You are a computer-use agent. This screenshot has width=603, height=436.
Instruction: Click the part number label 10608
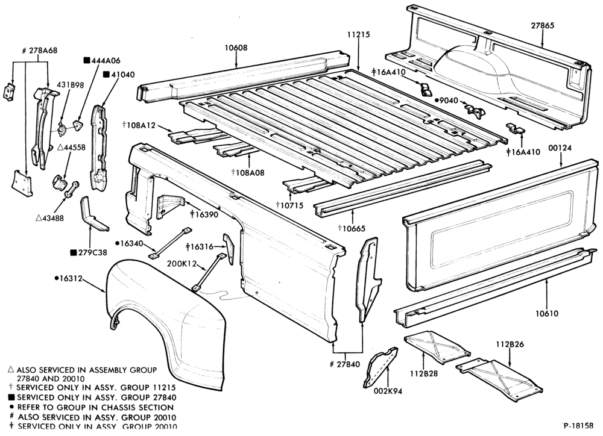click(x=236, y=48)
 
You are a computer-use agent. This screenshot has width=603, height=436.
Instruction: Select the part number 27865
click(x=543, y=26)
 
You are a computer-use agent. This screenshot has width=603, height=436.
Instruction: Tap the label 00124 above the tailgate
click(x=560, y=148)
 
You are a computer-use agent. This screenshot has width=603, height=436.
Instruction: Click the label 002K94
click(x=388, y=392)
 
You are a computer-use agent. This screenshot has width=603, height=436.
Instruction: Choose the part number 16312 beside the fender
click(x=71, y=278)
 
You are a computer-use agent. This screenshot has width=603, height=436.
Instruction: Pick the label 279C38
click(x=92, y=252)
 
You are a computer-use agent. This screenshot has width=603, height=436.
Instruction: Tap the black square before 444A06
click(x=87, y=60)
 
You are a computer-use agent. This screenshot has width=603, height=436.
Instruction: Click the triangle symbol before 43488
click(x=39, y=218)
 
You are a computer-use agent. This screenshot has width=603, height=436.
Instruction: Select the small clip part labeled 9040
click(x=475, y=110)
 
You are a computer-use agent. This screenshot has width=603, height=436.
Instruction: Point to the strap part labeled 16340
click(x=169, y=243)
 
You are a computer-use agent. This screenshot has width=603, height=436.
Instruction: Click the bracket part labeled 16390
click(x=170, y=207)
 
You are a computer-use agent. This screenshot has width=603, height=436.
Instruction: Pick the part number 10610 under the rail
click(x=547, y=314)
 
